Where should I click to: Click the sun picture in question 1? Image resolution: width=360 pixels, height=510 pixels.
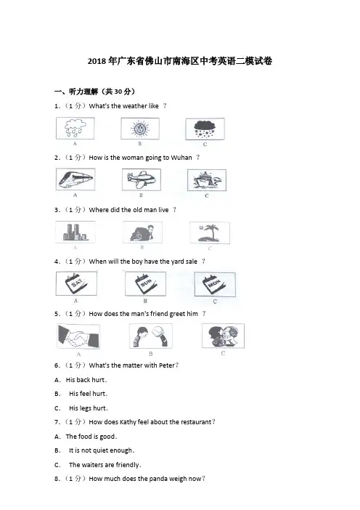click(x=140, y=129)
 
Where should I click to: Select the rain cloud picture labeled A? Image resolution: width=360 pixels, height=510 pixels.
click(x=75, y=128)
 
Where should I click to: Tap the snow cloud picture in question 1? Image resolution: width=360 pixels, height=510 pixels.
click(x=205, y=129)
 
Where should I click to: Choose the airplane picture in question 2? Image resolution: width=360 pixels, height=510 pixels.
click(x=142, y=179)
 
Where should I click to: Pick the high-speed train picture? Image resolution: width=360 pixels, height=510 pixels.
click(x=75, y=179)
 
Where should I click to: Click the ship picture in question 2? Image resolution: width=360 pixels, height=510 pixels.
click(x=207, y=180)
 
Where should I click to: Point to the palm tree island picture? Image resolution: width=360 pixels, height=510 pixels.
click(x=210, y=233)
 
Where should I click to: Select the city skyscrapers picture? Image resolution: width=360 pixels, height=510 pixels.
click(x=75, y=232)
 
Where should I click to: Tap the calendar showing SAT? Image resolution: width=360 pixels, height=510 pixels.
click(x=76, y=283)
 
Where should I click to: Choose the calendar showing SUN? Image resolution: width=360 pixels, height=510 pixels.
click(x=146, y=284)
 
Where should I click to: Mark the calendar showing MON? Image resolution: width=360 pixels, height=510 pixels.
click(x=215, y=285)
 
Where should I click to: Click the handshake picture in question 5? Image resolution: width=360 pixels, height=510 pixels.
click(x=78, y=336)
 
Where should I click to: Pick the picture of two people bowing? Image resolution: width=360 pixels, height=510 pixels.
click(x=151, y=336)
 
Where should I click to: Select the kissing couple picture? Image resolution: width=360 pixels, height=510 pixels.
click(x=224, y=336)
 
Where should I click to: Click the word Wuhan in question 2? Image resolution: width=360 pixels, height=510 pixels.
click(x=181, y=158)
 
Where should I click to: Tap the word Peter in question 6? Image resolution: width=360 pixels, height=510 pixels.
click(x=167, y=365)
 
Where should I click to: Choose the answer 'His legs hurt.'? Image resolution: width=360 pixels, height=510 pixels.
click(x=89, y=408)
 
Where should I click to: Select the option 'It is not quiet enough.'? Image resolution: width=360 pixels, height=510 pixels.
click(x=102, y=450)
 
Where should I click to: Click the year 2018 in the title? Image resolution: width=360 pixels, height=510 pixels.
click(x=97, y=61)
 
